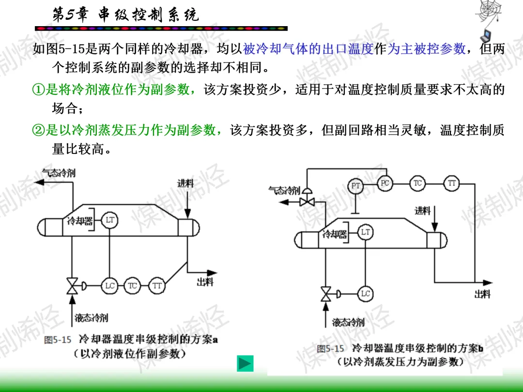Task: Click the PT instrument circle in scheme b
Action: click(355, 186)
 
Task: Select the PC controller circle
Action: click(385, 183)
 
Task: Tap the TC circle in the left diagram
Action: click(132, 286)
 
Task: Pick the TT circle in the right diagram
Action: click(452, 183)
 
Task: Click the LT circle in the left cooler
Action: click(110, 220)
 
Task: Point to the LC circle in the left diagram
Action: click(110, 286)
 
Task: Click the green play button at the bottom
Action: click(245, 363)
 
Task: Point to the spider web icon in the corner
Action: click(488, 12)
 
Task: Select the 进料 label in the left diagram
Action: click(185, 183)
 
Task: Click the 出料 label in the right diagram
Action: click(482, 294)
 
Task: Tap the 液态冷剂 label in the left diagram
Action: click(91, 317)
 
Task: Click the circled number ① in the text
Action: click(38, 90)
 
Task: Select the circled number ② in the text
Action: click(38, 130)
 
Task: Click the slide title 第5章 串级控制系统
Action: click(125, 15)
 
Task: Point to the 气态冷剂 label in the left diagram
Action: click(59, 173)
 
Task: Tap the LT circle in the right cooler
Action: click(365, 232)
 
